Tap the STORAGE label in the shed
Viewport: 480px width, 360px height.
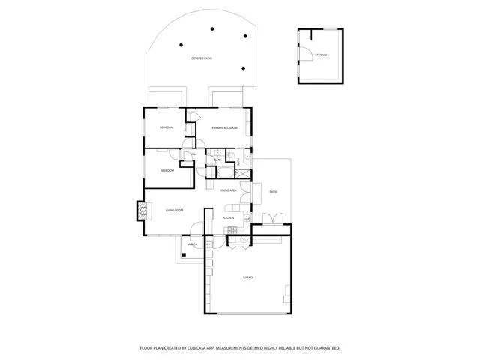(321, 55)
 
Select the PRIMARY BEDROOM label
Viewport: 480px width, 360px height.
(224, 128)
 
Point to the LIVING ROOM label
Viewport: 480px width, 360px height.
(174, 211)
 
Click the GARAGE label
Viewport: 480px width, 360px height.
(248, 277)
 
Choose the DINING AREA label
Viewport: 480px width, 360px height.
(229, 191)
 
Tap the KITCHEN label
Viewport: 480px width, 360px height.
(229, 218)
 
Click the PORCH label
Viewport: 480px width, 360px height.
(193, 244)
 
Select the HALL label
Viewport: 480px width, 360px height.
(193, 154)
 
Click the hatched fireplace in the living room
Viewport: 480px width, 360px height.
(140, 211)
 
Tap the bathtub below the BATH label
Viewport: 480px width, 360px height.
(224, 172)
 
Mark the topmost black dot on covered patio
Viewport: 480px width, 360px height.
(213, 28)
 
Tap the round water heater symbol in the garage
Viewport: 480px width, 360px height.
(244, 239)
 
